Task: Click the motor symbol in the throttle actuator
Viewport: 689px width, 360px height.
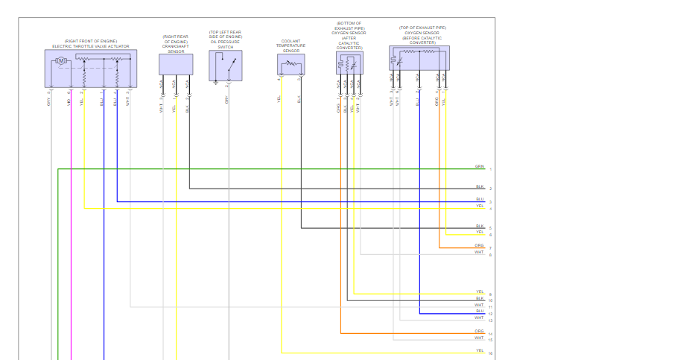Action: point(62,60)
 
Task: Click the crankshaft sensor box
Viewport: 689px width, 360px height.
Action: point(176,64)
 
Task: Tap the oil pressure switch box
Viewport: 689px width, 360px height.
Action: point(226,66)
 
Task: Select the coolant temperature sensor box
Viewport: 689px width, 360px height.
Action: point(290,63)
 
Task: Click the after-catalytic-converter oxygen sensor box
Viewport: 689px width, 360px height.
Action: point(349,63)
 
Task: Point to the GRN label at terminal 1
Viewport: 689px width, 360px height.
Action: point(479,166)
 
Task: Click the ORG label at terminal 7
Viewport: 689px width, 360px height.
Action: point(479,244)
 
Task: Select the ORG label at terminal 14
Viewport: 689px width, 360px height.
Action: point(479,331)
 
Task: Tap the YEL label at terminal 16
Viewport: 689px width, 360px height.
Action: point(480,350)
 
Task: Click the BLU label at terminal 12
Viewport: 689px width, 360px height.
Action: point(480,311)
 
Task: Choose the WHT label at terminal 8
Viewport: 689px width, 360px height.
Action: point(479,252)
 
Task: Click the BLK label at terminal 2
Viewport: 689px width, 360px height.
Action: point(480,186)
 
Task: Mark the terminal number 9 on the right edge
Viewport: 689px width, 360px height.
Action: point(490,295)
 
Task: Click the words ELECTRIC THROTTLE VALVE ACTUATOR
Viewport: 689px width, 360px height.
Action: point(90,46)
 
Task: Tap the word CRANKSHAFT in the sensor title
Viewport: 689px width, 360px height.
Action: point(176,47)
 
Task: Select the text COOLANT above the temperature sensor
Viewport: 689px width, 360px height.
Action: point(290,42)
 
